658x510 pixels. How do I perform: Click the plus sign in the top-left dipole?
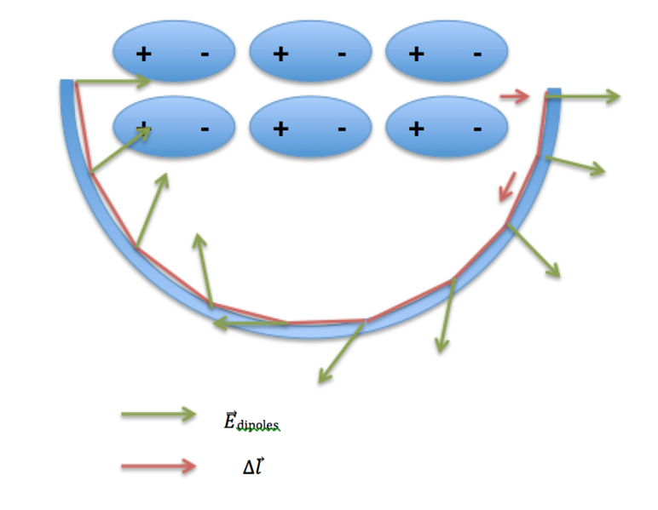(x=144, y=54)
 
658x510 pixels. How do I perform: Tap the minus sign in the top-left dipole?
(x=205, y=54)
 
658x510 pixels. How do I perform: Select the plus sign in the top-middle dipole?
(x=280, y=54)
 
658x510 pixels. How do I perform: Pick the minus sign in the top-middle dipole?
(x=341, y=54)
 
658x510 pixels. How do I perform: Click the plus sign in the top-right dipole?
(x=416, y=54)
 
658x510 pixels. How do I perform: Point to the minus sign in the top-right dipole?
(x=476, y=54)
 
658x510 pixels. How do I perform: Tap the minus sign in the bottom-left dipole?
(x=205, y=129)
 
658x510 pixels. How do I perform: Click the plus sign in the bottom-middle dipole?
(x=280, y=129)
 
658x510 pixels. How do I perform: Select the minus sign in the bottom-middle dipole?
(x=341, y=129)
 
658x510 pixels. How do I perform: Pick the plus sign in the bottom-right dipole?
(x=416, y=129)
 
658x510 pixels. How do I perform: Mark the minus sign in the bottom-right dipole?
(x=476, y=129)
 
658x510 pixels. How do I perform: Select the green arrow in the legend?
(x=159, y=415)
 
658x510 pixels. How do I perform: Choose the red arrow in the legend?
(x=159, y=466)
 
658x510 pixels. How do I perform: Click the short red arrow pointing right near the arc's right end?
(x=515, y=96)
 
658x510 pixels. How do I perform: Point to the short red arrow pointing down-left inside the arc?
(x=508, y=186)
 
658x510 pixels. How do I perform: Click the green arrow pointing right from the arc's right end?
(x=583, y=96)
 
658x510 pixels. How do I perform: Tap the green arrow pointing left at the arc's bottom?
(x=250, y=324)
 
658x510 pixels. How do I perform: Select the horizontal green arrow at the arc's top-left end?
(x=113, y=82)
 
